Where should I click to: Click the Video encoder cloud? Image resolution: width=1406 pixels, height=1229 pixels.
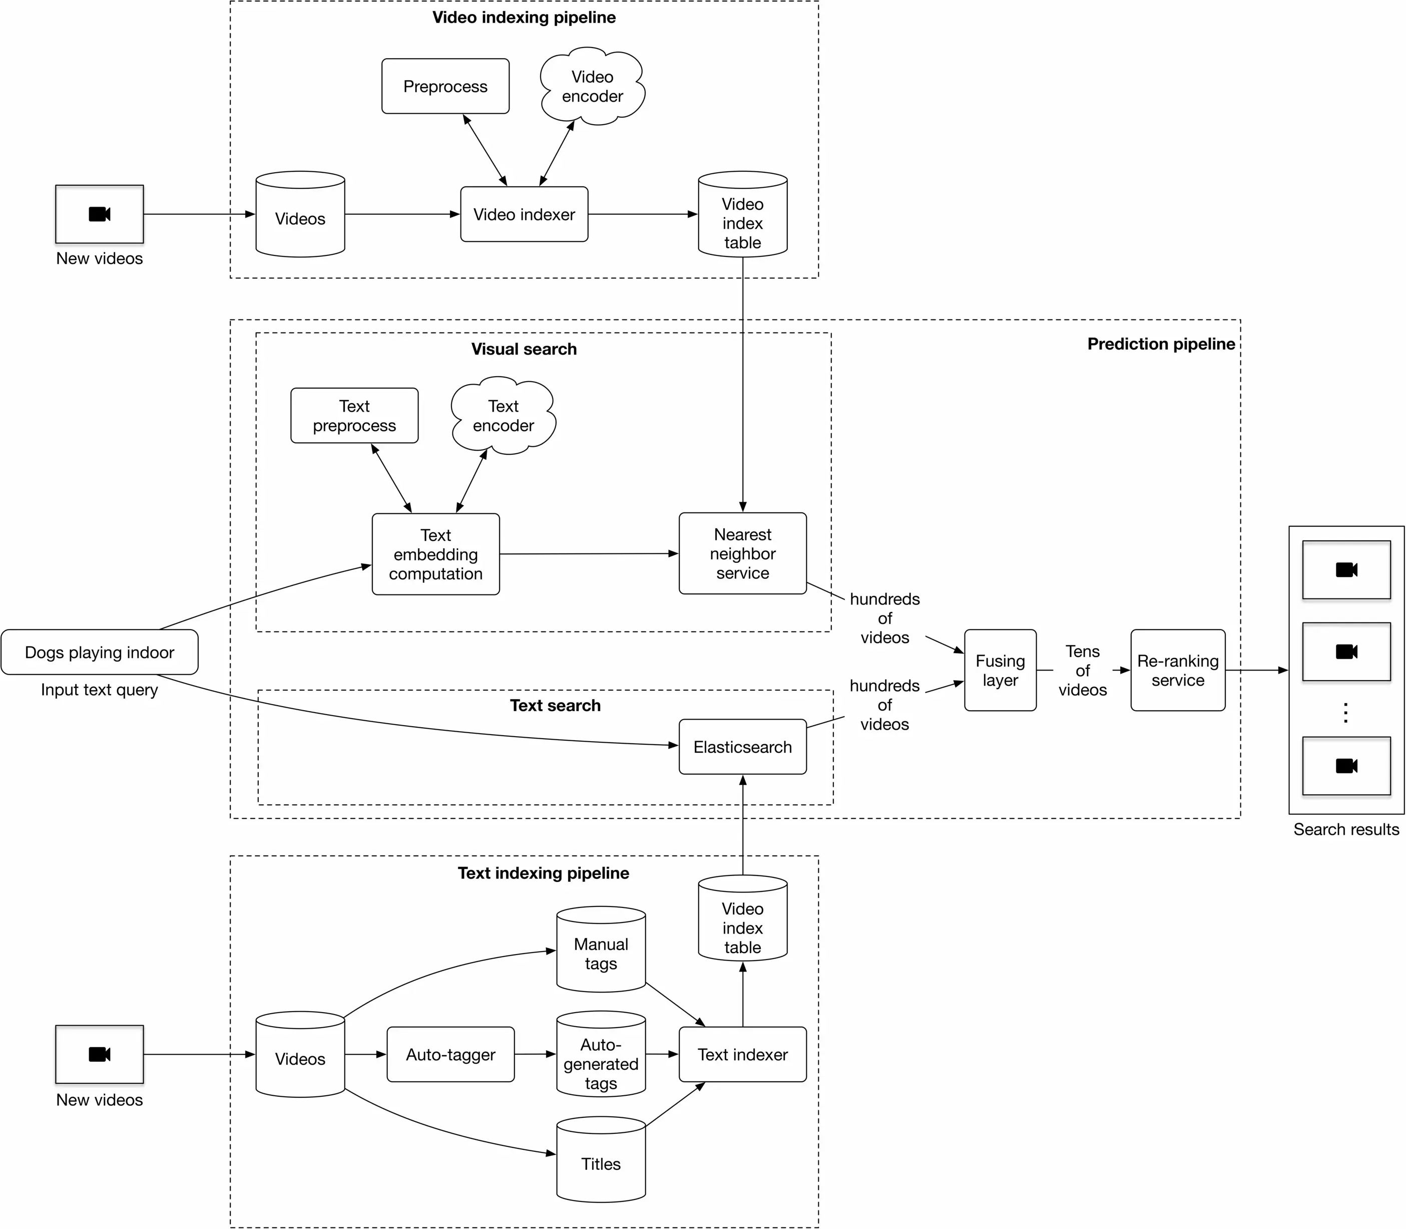tap(592, 87)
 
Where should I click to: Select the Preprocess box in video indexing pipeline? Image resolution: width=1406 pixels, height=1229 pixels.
tap(445, 87)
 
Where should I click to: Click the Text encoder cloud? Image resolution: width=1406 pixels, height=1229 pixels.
tap(503, 416)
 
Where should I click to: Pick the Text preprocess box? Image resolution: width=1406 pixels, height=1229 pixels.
tap(354, 416)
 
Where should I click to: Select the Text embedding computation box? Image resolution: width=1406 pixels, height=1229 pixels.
tap(435, 554)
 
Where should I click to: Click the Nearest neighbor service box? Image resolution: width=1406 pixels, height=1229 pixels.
tap(742, 553)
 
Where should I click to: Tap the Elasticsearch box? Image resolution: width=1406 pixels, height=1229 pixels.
tap(742, 747)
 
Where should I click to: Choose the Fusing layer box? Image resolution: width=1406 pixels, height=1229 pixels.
tap(1000, 670)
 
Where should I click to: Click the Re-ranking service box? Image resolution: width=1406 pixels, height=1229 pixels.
tap(1178, 670)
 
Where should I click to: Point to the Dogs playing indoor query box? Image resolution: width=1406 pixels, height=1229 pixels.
tap(100, 652)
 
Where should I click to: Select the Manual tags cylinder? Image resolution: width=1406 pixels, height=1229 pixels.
tap(601, 953)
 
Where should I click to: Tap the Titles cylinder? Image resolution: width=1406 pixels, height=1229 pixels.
tap(601, 1163)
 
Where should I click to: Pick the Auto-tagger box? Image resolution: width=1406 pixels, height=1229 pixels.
tap(450, 1054)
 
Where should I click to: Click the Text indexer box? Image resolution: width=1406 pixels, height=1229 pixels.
tap(742, 1054)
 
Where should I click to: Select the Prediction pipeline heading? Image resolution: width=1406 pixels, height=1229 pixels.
tap(1161, 344)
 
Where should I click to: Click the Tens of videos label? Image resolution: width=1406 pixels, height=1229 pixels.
tap(1083, 670)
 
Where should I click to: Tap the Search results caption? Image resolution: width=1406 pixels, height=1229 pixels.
tap(1345, 829)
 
